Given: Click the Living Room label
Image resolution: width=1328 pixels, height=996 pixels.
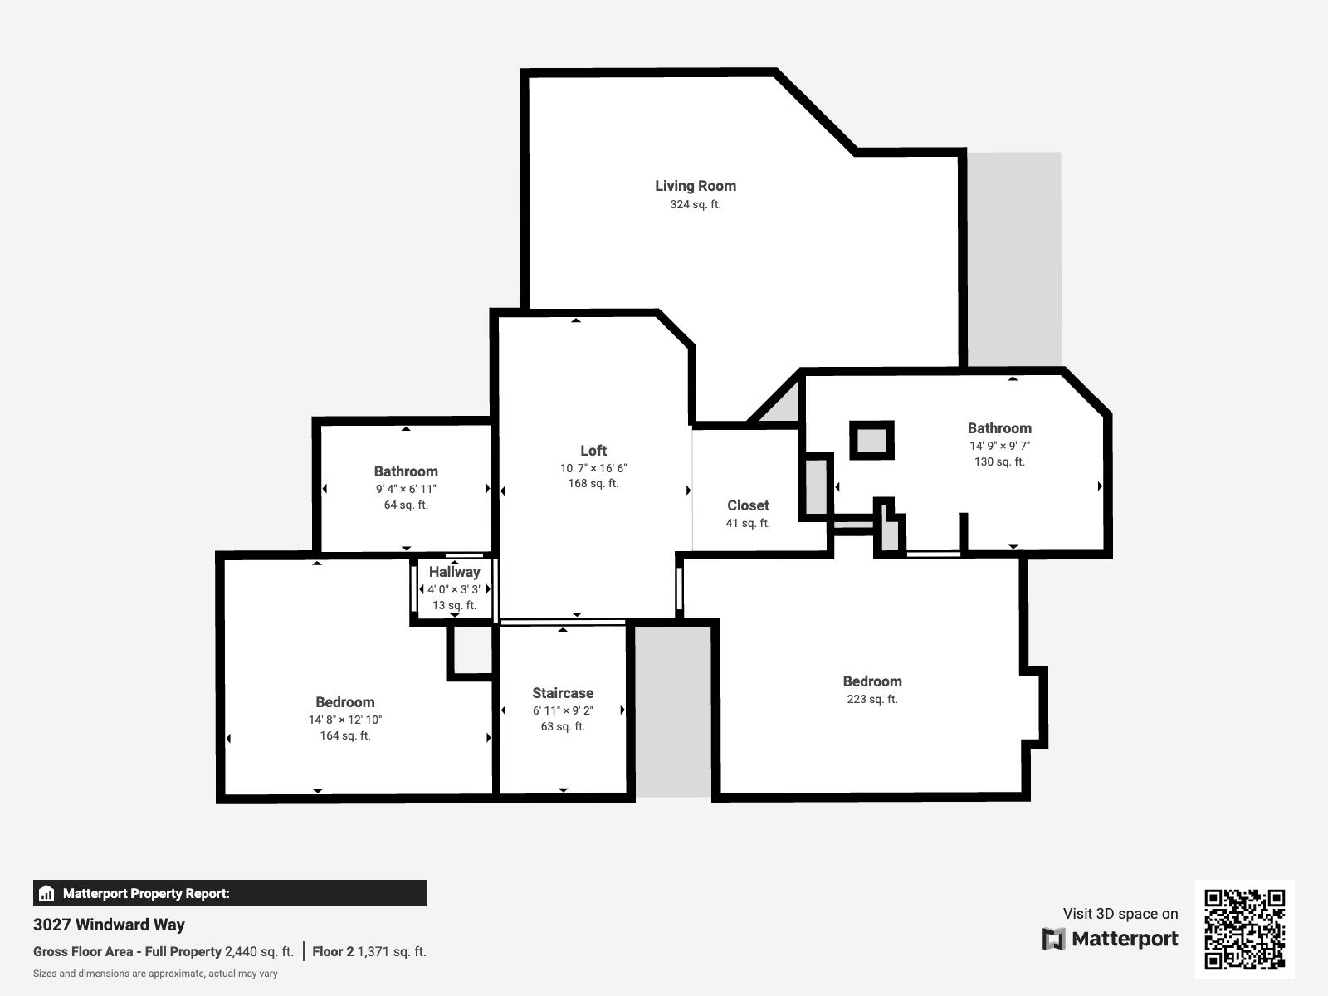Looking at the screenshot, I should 696,186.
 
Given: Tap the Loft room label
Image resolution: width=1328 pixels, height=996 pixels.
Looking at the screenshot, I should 593,451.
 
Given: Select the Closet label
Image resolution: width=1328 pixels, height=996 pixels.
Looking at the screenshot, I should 748,505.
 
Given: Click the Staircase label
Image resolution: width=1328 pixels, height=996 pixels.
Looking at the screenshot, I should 563,693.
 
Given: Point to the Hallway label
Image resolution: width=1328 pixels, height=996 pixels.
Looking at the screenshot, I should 454,572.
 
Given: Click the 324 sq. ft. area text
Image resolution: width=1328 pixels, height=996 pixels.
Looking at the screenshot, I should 696,204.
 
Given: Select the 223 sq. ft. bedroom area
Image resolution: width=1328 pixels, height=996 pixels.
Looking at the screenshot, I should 871,699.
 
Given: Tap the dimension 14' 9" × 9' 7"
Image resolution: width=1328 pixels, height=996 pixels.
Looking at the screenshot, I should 999,446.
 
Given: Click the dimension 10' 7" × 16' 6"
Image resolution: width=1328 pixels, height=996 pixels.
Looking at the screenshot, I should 593,468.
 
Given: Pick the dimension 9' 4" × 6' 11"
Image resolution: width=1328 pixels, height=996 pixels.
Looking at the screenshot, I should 405,489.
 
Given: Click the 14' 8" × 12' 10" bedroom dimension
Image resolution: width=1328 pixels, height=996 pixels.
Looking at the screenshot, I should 344,720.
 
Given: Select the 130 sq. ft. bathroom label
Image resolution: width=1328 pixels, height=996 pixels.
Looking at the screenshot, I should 999,461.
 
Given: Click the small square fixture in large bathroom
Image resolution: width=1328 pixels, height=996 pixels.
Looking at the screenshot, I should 871,440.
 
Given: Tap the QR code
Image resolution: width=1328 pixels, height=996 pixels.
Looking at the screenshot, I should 1244,929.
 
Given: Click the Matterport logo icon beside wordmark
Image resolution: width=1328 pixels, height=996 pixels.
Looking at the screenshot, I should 1053,939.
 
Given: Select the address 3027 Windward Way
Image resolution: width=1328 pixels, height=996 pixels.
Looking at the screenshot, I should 109,925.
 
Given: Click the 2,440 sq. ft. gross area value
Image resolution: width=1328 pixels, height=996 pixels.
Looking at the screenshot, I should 259,952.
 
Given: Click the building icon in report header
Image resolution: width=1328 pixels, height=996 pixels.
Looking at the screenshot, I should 46,894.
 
